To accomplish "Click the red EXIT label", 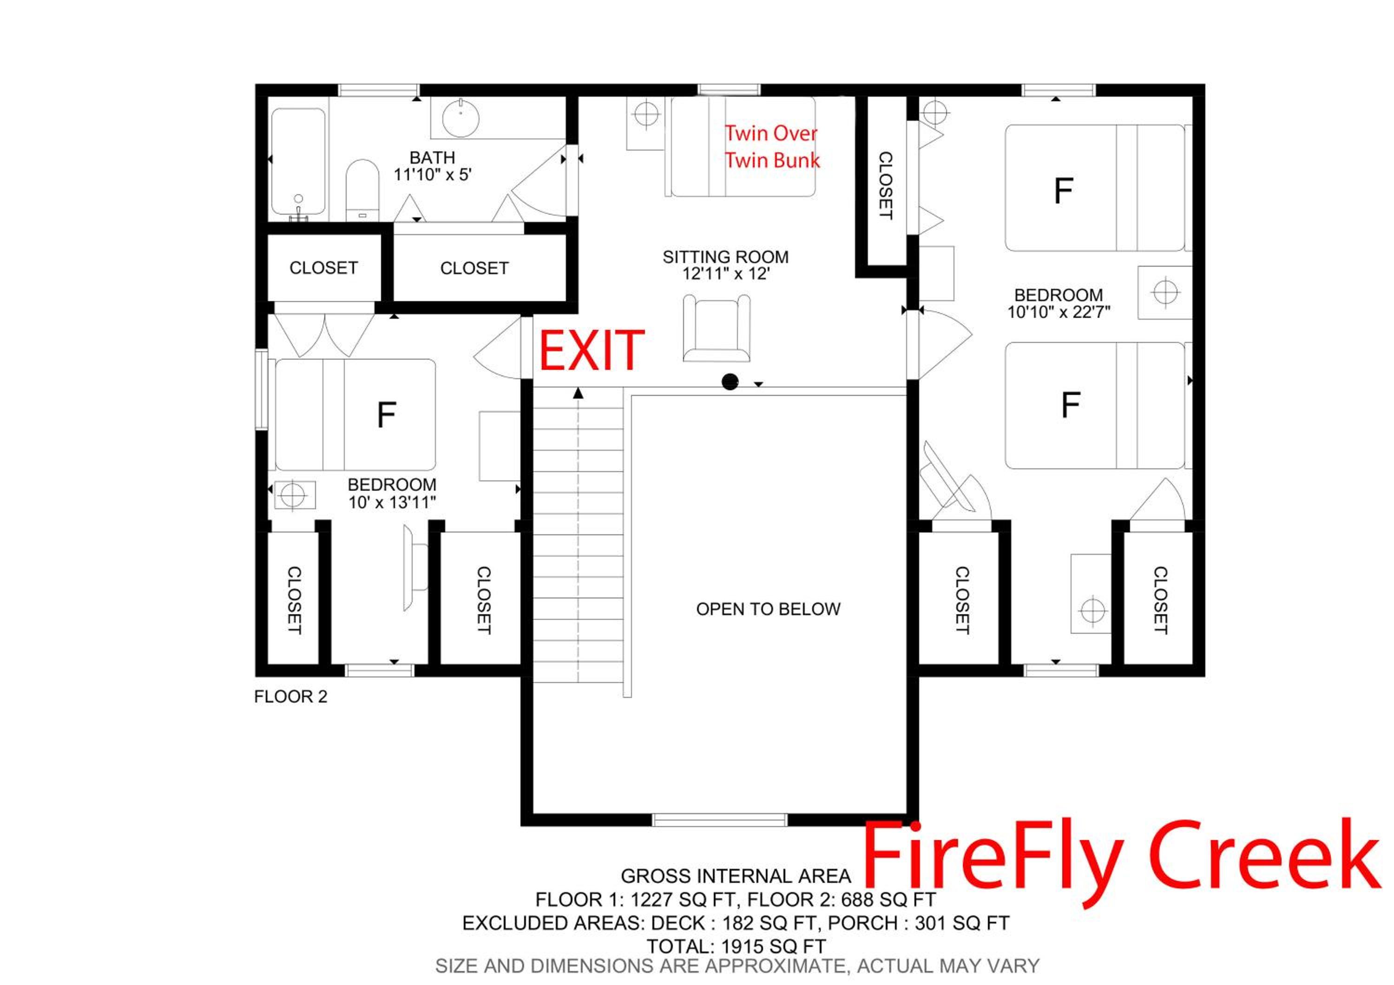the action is [x=592, y=350].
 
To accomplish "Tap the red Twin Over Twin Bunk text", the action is [x=772, y=146].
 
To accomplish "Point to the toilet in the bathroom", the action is [x=362, y=190].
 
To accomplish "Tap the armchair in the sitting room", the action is [x=717, y=328].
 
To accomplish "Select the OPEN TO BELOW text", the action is [x=768, y=609].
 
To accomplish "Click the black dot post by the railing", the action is [x=730, y=382].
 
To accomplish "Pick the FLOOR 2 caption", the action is [x=291, y=697].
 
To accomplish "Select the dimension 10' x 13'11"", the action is [x=392, y=503].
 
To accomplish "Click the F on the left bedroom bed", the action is [x=386, y=415].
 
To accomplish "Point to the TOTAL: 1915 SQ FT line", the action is [x=736, y=947].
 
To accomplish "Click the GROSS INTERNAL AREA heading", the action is [x=736, y=876].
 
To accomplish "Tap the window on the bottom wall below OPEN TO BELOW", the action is [x=719, y=820].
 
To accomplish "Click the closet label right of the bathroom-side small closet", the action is [x=474, y=268].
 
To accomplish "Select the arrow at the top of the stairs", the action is [x=578, y=393].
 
